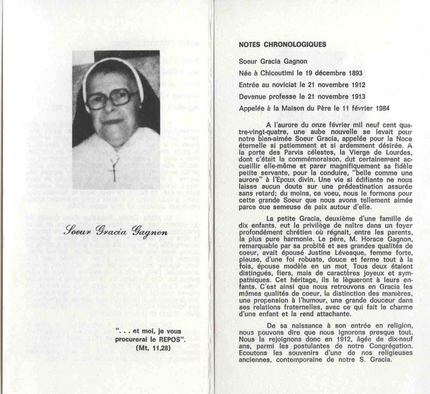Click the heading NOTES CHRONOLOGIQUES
(x=282, y=45)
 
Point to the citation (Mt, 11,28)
(x=153, y=348)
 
